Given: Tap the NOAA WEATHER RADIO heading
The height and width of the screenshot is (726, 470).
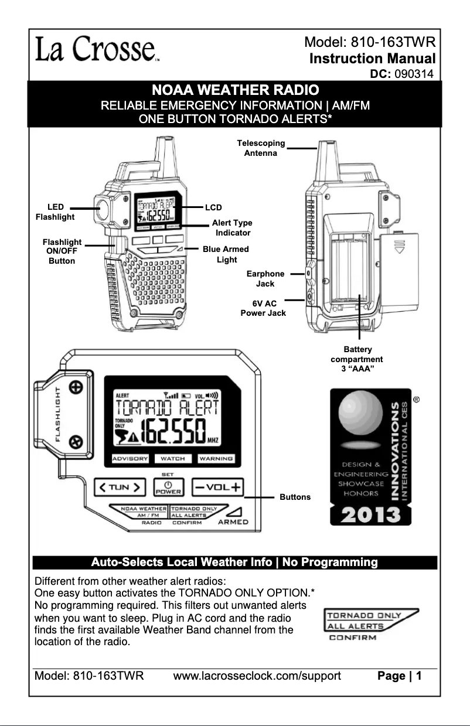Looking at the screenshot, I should point(235,91).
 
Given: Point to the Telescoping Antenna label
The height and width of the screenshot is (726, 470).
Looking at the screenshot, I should point(261,148).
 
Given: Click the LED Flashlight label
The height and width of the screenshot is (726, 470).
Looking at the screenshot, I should point(56,212).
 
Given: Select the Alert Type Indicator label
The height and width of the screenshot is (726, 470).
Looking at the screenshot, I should point(232,228).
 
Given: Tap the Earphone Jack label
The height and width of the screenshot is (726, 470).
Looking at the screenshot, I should point(265,278).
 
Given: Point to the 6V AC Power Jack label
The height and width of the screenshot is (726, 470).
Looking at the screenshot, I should point(263,308).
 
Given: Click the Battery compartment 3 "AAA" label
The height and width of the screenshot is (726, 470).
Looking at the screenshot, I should point(356,359).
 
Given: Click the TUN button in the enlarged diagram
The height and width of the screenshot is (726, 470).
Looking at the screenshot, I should point(120,486).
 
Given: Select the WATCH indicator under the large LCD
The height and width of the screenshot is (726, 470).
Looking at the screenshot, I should point(173,458).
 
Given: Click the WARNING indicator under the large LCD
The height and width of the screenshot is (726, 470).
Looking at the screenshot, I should point(216,458).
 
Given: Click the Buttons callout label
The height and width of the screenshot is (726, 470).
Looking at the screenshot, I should point(295,497).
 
